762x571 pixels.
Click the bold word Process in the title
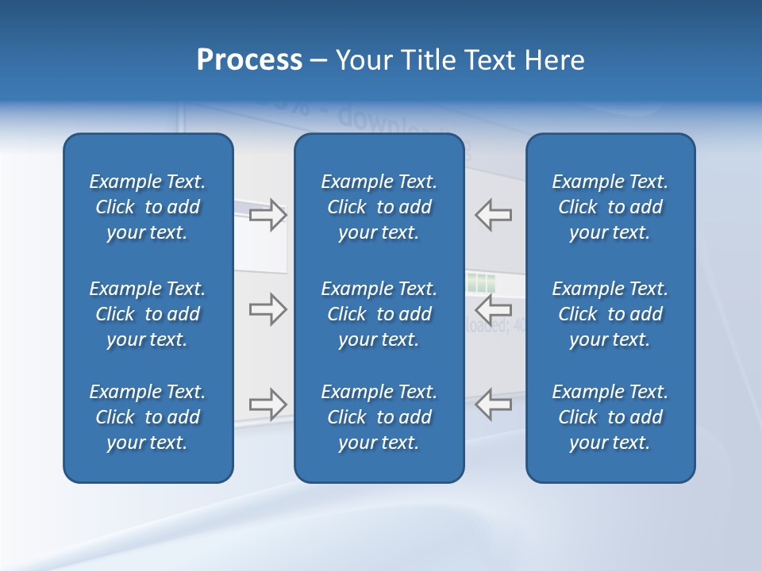(249, 60)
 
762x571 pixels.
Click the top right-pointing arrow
(267, 215)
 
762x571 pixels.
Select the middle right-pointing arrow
(267, 309)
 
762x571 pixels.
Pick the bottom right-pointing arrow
(267, 404)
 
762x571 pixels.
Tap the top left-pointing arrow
(494, 215)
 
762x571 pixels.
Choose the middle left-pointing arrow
(494, 308)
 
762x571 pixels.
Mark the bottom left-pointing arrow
(494, 404)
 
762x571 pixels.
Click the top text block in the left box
(148, 207)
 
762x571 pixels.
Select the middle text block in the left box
(148, 314)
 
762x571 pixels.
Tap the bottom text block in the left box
(148, 417)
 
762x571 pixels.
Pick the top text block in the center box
(379, 207)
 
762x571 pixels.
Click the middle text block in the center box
(379, 314)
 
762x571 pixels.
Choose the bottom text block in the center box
(379, 417)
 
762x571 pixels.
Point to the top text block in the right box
(610, 207)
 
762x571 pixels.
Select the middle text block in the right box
(610, 314)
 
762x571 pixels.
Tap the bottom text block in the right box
(610, 417)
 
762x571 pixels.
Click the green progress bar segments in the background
(480, 282)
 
